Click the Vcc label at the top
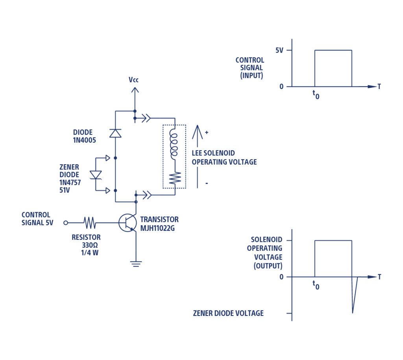(133, 80)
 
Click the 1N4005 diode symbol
(115, 134)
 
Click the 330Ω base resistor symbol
(90, 223)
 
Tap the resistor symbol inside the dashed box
(174, 178)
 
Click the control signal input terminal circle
(66, 223)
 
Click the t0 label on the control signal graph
(316, 94)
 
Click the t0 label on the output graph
(316, 285)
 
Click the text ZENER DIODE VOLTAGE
(228, 314)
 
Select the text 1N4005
(85, 140)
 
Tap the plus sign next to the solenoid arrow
(207, 133)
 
